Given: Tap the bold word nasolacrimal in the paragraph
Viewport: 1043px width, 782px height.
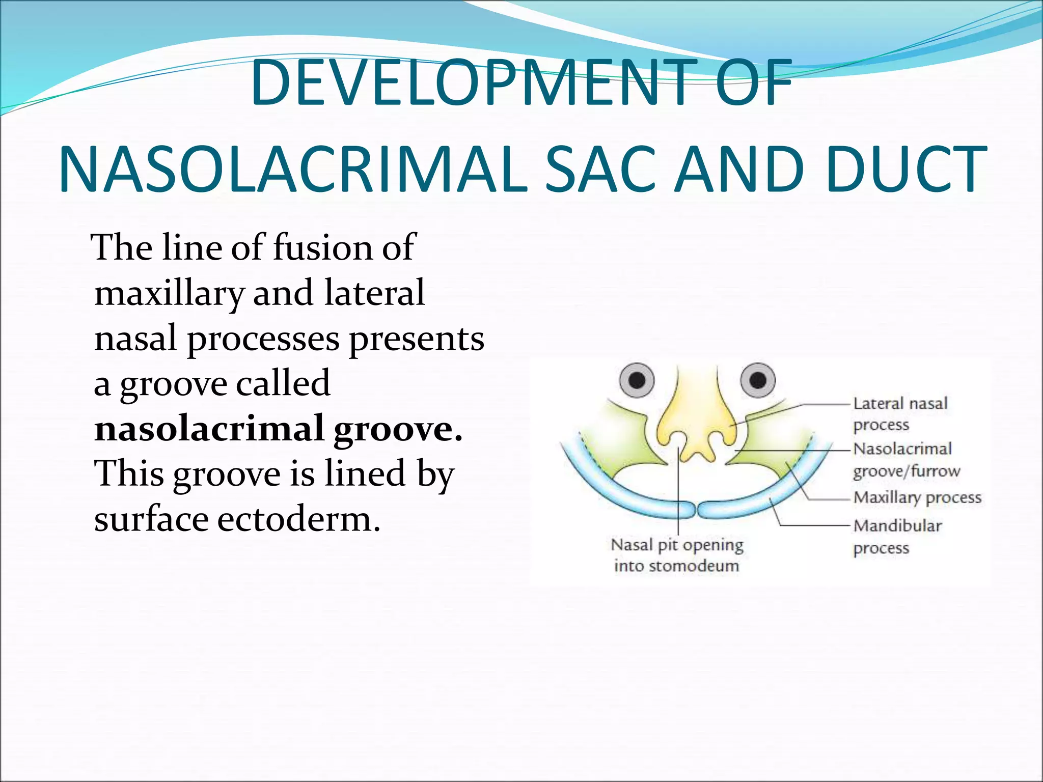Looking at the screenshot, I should [x=209, y=429].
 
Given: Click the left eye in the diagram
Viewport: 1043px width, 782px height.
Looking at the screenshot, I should [x=637, y=380].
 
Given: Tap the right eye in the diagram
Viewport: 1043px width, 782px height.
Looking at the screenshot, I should [x=758, y=380].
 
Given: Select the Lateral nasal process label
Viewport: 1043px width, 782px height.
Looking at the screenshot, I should [x=899, y=413].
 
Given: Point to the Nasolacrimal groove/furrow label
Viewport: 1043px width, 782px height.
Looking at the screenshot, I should [x=905, y=460].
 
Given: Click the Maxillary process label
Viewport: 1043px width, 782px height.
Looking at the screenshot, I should [x=917, y=497].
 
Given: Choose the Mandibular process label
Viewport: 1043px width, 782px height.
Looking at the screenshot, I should [x=897, y=536].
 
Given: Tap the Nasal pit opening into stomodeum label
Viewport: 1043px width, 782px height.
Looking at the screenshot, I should [x=676, y=555].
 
